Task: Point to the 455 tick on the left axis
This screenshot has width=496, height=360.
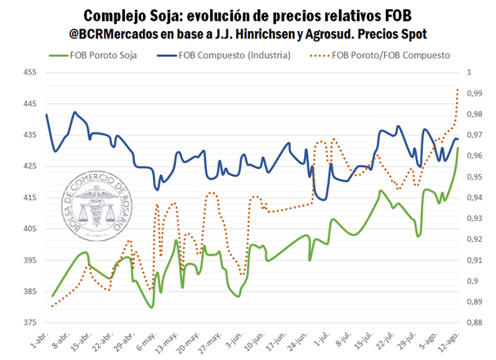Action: point(28,73)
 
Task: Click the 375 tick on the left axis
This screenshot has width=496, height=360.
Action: point(28,323)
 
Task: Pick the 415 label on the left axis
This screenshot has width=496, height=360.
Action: point(28,198)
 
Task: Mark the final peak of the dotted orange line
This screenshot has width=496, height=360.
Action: point(458,88)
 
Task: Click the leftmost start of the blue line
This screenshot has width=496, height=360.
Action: point(47,114)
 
